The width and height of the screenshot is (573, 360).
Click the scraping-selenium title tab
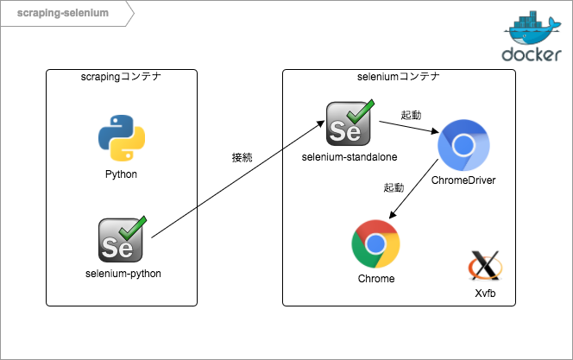tap(60, 14)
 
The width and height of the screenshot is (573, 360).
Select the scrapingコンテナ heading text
tap(121, 77)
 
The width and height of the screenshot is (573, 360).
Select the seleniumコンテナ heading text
tap(399, 77)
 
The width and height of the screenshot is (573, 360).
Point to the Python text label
tap(121, 174)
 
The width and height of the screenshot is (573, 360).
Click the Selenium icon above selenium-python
tap(122, 239)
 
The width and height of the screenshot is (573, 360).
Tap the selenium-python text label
tap(123, 274)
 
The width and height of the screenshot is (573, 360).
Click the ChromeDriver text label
tap(463, 180)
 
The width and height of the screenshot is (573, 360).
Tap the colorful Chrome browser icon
tap(375, 244)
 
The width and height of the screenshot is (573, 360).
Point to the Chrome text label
tap(375, 279)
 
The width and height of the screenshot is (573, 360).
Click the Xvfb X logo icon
tap(484, 266)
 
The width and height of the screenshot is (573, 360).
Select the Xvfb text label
tap(484, 294)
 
